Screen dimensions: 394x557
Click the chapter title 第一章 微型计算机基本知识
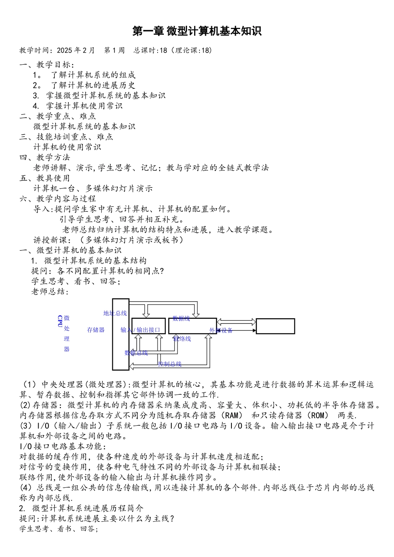(197, 31)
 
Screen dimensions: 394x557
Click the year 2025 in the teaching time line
(64, 51)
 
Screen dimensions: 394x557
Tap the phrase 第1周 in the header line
(114, 51)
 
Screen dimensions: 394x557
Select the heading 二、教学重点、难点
(58, 116)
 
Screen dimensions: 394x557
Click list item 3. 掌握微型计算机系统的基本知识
(99, 95)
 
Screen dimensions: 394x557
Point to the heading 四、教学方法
(45, 157)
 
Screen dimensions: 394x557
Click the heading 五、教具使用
(45, 178)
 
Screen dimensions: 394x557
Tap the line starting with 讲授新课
(108, 240)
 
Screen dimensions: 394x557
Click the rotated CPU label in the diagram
(60, 321)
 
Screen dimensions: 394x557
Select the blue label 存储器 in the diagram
(96, 330)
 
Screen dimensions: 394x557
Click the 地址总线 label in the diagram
(115, 313)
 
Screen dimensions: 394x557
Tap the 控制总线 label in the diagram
(170, 364)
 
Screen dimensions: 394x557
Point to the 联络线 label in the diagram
(182, 339)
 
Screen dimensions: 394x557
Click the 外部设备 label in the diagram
(221, 330)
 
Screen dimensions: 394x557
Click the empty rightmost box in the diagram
(275, 326)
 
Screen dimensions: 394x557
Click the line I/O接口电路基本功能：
(63, 446)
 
